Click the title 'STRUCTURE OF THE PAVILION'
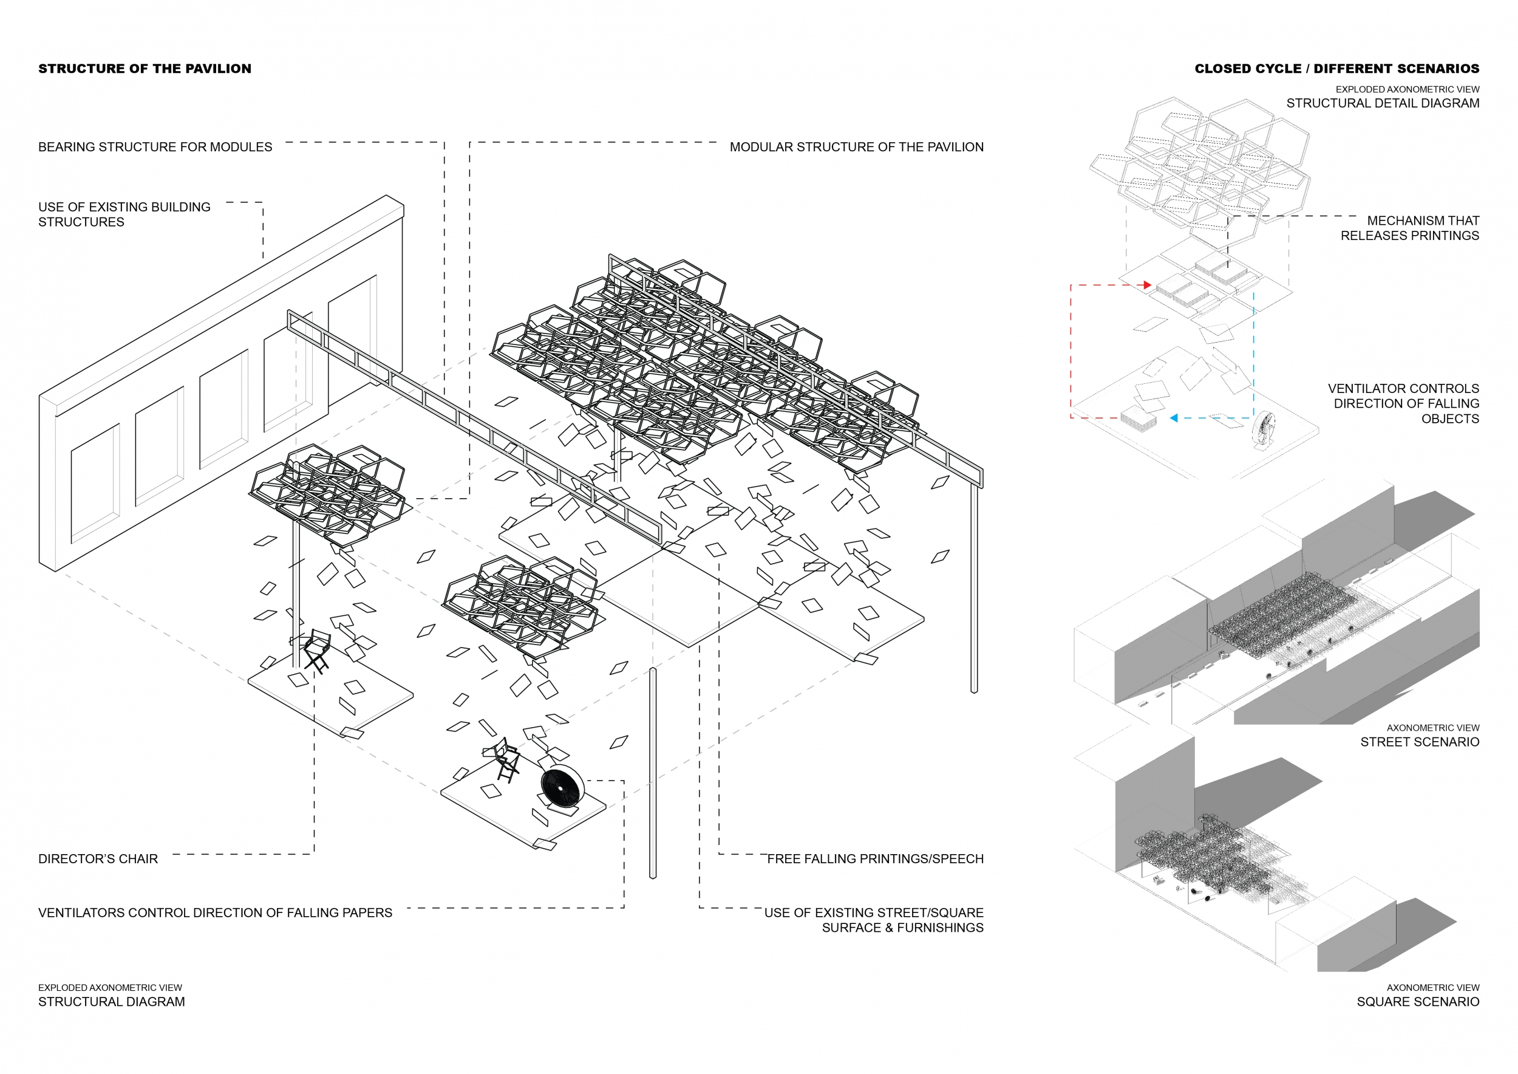click(x=145, y=69)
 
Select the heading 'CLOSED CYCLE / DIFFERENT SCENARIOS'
click(x=1336, y=69)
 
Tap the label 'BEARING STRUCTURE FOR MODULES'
click(x=155, y=147)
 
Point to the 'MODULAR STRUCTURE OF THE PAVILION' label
click(x=856, y=147)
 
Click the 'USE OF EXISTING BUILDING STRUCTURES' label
click(x=124, y=214)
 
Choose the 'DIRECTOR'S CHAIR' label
click(x=98, y=858)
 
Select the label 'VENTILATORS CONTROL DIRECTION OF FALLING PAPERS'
click(x=215, y=912)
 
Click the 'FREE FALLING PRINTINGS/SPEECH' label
click(x=875, y=858)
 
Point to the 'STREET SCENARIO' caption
click(x=1420, y=742)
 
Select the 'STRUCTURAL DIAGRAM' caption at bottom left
click(x=111, y=1001)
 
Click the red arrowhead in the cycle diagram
click(x=1148, y=285)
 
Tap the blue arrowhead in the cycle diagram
click(x=1174, y=418)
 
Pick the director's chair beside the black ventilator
click(x=506, y=761)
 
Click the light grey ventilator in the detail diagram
click(x=1264, y=430)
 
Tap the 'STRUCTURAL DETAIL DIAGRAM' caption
click(x=1383, y=103)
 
